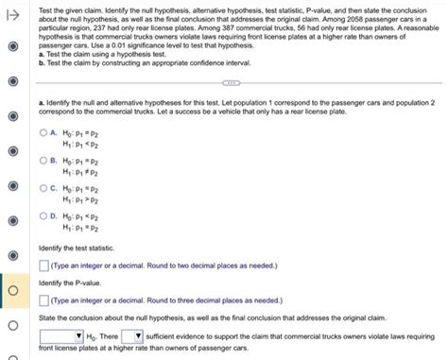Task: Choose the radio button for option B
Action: [x=43, y=161]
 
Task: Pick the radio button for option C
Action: [x=43, y=189]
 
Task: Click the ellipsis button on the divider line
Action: [x=230, y=82]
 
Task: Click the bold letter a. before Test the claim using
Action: [x=41, y=55]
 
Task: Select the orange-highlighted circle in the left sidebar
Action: [x=10, y=290]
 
